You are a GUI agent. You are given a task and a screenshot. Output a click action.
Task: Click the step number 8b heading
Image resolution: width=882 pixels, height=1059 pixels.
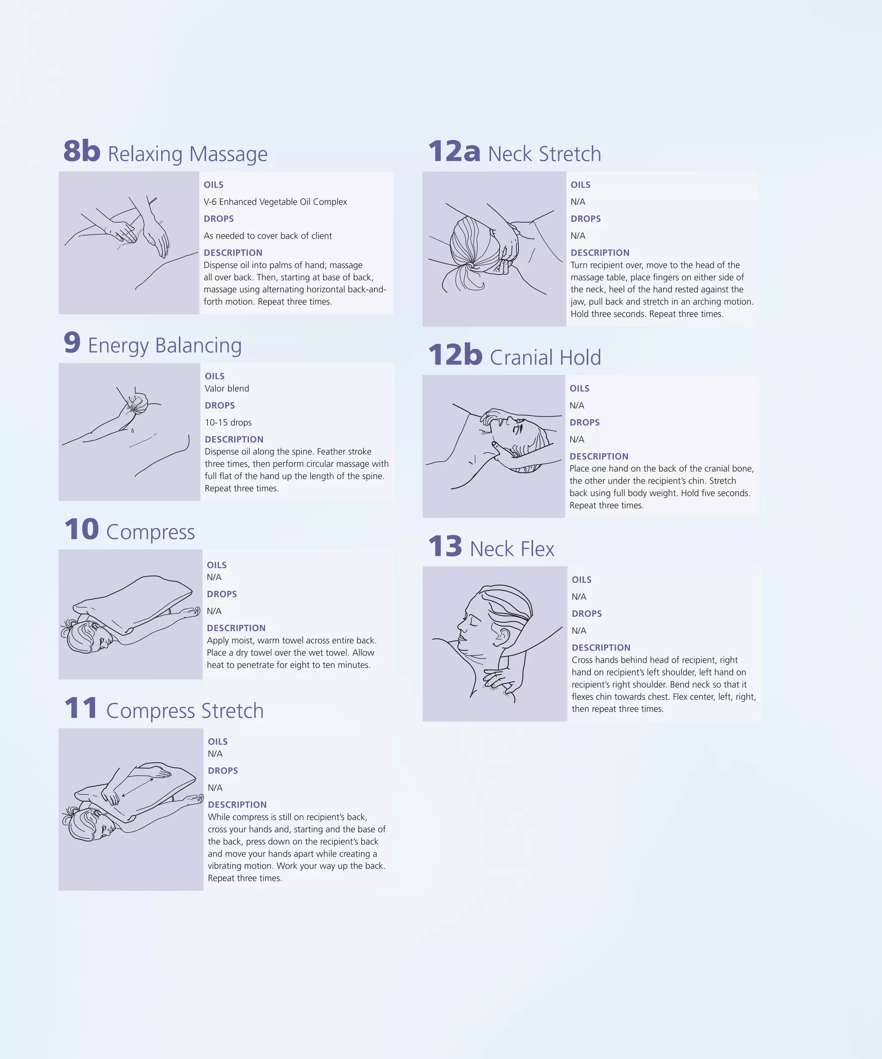point(82,151)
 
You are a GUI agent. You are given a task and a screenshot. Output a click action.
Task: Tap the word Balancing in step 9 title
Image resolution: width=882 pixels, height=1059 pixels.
point(198,346)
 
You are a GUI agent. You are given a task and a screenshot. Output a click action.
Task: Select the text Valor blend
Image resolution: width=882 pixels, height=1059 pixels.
point(227,388)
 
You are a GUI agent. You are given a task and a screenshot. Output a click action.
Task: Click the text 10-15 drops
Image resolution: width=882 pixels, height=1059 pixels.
point(228,423)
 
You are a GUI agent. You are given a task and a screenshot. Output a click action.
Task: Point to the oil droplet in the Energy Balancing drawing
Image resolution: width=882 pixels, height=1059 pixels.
point(132,430)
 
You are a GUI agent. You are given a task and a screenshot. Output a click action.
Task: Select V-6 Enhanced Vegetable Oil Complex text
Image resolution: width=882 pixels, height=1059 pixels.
point(275,202)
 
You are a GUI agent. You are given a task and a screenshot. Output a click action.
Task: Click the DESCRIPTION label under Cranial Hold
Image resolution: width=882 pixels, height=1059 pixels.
point(599,456)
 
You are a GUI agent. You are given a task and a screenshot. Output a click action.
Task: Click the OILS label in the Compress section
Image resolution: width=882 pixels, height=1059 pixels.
point(216,565)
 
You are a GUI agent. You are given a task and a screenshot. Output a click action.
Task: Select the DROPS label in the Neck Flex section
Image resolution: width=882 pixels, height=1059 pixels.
point(587,614)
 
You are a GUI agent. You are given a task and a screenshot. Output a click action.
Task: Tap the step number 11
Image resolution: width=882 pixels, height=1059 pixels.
point(81,709)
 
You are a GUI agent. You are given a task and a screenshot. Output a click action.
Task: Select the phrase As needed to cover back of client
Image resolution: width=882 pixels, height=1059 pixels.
point(267,236)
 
